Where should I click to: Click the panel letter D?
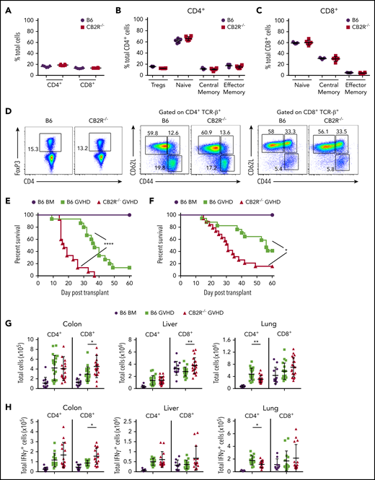(x=6, y=112)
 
